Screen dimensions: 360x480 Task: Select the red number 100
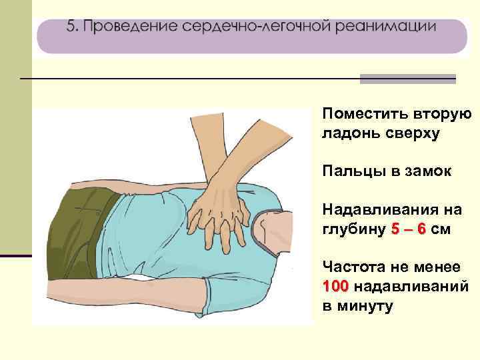pos(335,287)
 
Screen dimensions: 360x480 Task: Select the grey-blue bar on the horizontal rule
pos(407,79)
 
